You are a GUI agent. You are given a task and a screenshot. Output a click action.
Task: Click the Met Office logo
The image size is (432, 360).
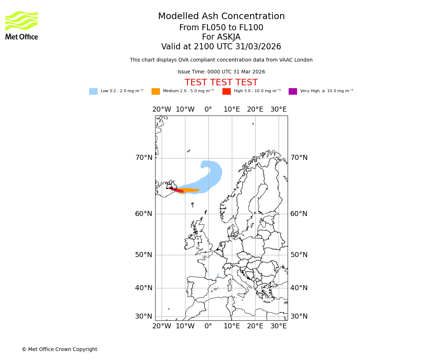(22, 25)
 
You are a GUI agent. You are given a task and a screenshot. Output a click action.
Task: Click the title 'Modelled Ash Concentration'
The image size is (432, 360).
(221, 17)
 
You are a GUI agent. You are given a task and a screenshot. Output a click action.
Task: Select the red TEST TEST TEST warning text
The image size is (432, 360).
(221, 82)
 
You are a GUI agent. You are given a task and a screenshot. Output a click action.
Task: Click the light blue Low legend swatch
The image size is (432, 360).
(93, 91)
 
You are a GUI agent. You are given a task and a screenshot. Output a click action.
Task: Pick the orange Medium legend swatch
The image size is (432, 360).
(156, 91)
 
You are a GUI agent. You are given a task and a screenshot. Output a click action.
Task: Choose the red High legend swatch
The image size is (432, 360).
(226, 91)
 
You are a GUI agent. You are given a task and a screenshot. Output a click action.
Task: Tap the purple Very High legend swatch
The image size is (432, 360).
(293, 91)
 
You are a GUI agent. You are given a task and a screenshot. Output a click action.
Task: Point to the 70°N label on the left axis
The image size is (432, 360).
(144, 158)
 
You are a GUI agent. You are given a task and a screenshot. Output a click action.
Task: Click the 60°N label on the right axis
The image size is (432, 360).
(299, 214)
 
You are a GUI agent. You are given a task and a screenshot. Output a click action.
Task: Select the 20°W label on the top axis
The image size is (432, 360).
(162, 109)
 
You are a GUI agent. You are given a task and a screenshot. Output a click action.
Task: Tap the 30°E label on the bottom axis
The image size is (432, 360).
(279, 326)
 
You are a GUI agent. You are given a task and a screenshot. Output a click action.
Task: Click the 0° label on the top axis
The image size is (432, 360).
(208, 109)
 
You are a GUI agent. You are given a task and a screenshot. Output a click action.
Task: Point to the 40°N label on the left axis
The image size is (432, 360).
(144, 288)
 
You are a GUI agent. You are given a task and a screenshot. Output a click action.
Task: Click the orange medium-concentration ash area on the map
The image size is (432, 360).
(191, 190)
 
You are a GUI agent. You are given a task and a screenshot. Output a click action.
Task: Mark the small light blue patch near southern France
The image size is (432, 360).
(218, 275)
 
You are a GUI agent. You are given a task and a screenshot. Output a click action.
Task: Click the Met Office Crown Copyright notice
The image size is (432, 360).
(59, 349)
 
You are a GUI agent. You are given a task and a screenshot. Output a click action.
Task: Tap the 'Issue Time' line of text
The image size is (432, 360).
(221, 72)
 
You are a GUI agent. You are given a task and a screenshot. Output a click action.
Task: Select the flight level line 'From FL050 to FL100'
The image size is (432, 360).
(221, 28)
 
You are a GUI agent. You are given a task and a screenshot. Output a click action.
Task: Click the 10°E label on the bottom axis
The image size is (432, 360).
(231, 326)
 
